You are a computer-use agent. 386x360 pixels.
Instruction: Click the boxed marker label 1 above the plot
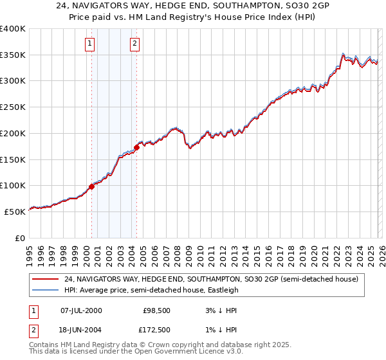click(x=89, y=44)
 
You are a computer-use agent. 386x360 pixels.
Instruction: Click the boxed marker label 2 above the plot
click(x=134, y=44)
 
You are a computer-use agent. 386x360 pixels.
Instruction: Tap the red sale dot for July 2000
click(x=91, y=186)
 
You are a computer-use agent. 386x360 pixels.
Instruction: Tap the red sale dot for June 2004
click(x=136, y=147)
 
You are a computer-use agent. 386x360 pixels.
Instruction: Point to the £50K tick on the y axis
click(x=15, y=212)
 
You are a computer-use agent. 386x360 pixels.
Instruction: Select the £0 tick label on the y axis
click(x=21, y=238)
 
